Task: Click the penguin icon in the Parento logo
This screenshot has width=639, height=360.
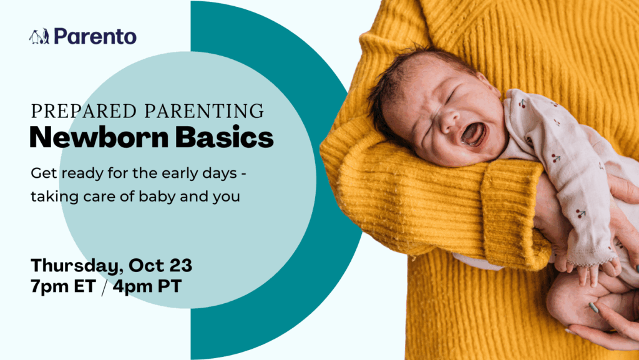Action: pyautogui.click(x=39, y=37)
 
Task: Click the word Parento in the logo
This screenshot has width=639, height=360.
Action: pyautogui.click(x=95, y=36)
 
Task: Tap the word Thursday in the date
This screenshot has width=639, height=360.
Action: pyautogui.click(x=77, y=266)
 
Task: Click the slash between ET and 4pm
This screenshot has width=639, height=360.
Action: pyautogui.click(x=104, y=287)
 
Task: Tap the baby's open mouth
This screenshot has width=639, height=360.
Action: pyautogui.click(x=474, y=134)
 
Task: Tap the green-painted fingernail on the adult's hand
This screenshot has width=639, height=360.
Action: pyautogui.click(x=593, y=308)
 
